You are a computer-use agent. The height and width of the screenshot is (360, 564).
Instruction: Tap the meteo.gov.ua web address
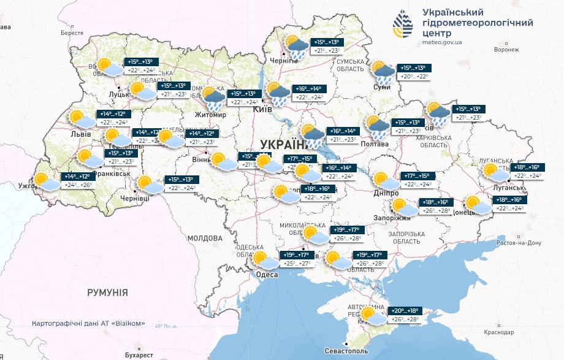442,42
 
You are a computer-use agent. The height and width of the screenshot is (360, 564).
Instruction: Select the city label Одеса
267,275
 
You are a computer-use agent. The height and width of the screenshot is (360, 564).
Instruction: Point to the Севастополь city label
346,351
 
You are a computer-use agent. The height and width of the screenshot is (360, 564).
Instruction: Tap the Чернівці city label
134,199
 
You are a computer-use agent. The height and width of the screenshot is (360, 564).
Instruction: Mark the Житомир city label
210,115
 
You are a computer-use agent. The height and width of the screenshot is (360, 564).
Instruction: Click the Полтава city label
375,144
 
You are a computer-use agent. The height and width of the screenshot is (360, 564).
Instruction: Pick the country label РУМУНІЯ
107,293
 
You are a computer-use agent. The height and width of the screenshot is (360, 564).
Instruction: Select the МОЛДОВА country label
204,238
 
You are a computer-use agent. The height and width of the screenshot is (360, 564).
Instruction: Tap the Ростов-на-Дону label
520,243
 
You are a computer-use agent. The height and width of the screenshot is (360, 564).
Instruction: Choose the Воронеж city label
506,50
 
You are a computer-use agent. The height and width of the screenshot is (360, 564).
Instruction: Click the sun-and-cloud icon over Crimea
372,316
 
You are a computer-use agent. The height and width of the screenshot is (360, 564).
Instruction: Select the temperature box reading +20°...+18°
405,311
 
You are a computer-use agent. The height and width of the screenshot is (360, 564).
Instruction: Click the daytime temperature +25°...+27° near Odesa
297,264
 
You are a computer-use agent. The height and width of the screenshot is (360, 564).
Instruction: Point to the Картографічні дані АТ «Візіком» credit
88,323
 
